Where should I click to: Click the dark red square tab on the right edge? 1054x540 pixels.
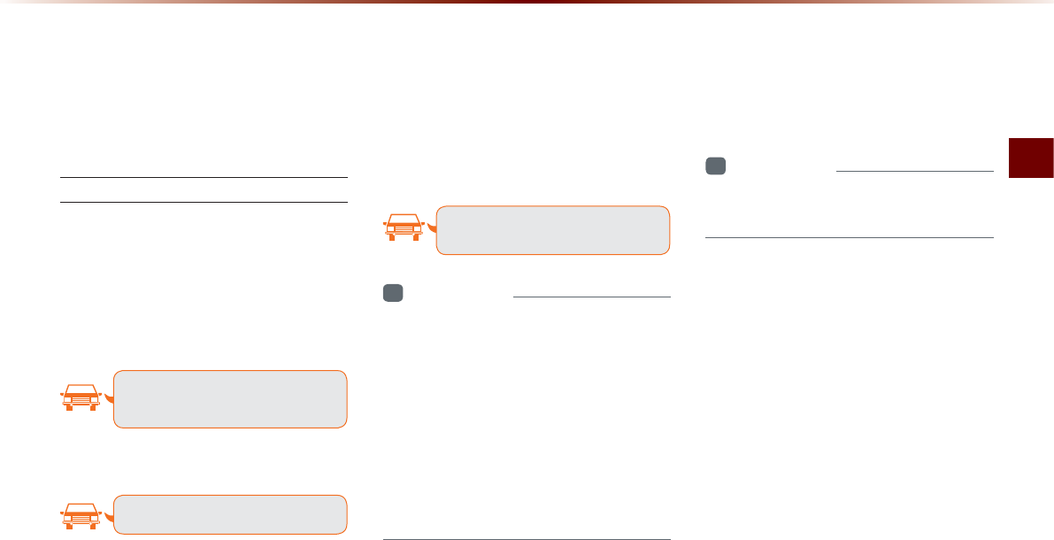(1032, 158)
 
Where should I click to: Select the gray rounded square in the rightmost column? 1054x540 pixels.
(715, 166)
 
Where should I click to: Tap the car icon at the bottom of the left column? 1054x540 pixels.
(81, 515)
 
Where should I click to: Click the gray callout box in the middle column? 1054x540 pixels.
(553, 230)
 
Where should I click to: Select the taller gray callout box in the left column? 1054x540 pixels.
(230, 399)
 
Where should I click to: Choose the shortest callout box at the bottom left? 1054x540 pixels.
(230, 514)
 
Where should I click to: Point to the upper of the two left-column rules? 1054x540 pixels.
(204, 178)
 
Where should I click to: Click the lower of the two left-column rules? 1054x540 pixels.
(204, 202)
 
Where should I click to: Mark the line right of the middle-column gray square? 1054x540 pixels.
(591, 297)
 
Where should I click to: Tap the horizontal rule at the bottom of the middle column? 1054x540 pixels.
(527, 538)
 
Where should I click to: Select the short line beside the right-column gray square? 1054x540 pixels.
(914, 171)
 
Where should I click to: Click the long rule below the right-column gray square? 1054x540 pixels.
(850, 237)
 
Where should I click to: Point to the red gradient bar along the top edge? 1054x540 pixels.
(527, 3)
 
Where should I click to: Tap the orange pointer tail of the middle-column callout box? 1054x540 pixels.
(431, 229)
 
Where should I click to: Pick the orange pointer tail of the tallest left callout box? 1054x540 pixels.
(109, 398)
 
